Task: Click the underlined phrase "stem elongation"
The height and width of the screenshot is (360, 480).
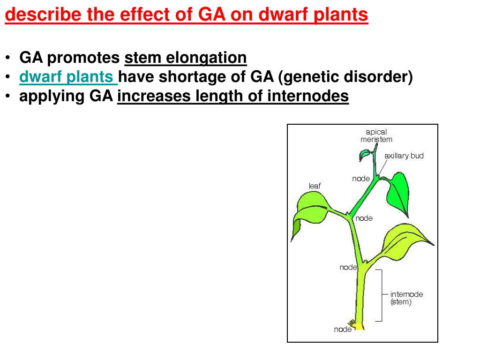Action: point(186,58)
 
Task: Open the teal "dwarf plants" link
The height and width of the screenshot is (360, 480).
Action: point(68,77)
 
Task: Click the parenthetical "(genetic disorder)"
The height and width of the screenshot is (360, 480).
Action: point(345,77)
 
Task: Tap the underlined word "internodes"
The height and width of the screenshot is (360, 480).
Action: point(308,96)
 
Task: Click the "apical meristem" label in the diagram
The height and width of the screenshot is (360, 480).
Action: point(376,135)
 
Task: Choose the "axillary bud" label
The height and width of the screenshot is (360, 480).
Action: point(404,156)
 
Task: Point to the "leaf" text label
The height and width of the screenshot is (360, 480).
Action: point(315,186)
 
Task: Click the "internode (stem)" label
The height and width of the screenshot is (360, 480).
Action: point(406,298)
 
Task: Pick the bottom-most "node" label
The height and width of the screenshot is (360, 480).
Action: point(342,330)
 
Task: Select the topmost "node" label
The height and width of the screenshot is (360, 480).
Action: point(360,179)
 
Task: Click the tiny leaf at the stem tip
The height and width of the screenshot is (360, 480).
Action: point(365,155)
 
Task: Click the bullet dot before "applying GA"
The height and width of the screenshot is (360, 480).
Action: point(8,96)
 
